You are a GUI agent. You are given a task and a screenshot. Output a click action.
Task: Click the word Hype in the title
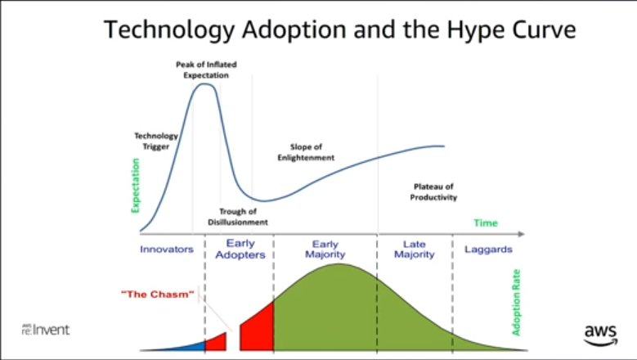[475, 30]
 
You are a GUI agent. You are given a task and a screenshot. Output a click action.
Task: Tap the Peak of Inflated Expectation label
[206, 70]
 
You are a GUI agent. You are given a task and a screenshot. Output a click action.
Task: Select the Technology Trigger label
[156, 141]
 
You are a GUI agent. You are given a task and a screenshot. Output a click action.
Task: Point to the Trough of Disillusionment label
[238, 217]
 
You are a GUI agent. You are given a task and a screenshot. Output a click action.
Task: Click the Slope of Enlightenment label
[306, 152]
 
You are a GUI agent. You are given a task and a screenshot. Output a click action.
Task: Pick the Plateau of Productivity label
[433, 191]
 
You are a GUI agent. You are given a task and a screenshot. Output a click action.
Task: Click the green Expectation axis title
[135, 185]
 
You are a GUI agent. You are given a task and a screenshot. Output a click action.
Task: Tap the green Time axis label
[486, 223]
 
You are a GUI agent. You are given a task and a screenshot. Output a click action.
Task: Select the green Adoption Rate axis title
[516, 302]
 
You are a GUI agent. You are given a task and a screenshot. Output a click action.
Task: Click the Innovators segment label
[167, 249]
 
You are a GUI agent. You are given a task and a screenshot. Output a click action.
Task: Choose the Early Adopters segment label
[240, 249]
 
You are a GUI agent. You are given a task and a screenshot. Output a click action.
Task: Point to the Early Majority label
[325, 249]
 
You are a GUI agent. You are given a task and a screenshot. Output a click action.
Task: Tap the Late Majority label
[415, 249]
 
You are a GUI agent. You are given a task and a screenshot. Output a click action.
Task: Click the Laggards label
[488, 250]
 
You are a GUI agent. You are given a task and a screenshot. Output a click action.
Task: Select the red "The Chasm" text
[157, 295]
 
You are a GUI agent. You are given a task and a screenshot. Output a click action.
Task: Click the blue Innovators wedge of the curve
[191, 347]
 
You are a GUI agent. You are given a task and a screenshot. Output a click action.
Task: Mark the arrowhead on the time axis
[521, 234]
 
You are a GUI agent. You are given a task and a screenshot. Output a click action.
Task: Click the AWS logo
[600, 335]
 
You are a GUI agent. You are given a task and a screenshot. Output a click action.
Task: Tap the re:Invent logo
[46, 330]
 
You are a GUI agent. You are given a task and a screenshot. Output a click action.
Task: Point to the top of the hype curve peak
[205, 83]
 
